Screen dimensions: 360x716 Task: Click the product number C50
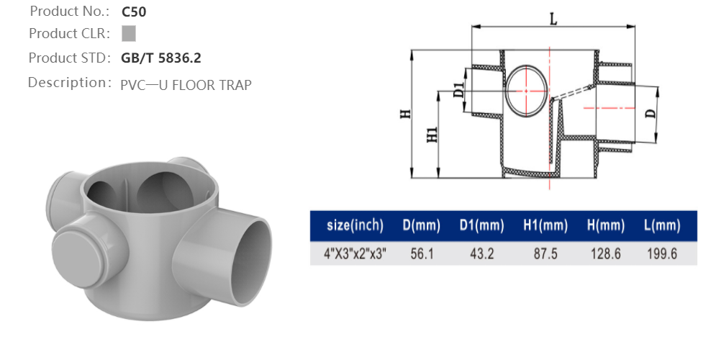point(134,12)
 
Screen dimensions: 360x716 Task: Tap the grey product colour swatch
point(129,33)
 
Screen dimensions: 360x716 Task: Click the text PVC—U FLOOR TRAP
point(186,85)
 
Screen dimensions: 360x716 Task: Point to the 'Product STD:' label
point(69,58)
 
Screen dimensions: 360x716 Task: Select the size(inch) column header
point(355,226)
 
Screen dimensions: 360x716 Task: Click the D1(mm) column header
point(481,226)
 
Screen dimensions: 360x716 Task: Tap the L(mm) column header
point(661,226)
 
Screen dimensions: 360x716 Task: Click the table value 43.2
point(481,254)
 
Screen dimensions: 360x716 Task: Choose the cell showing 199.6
point(661,254)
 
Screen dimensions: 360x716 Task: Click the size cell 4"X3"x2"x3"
point(355,254)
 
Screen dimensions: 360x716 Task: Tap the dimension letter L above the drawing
point(553,19)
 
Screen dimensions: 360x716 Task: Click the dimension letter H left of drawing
point(405,114)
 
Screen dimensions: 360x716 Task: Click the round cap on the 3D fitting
point(78,248)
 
